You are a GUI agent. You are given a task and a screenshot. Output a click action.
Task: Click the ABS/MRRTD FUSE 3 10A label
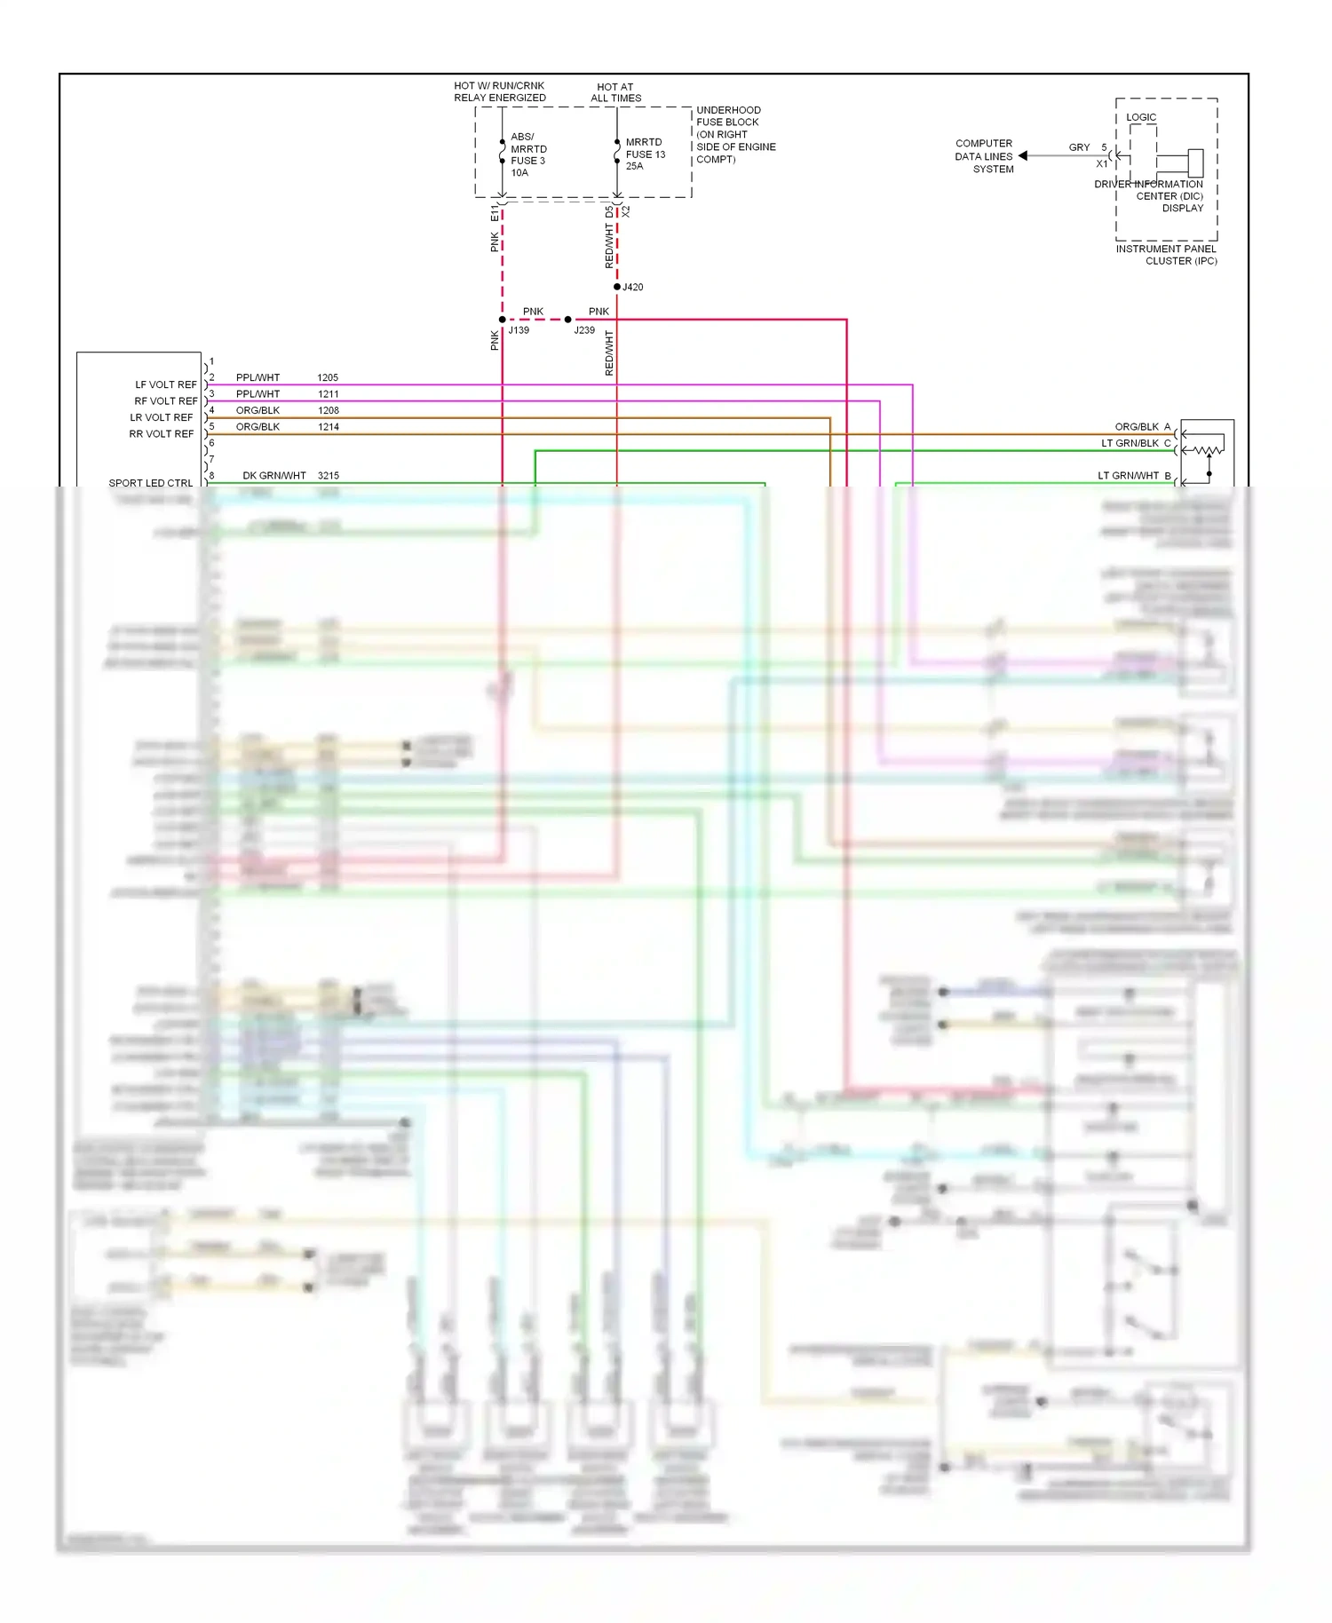point(528,155)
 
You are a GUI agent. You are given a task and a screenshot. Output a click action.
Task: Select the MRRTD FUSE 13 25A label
point(645,154)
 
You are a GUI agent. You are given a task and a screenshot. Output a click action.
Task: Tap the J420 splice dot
point(617,287)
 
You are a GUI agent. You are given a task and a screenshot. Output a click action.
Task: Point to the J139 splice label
point(519,330)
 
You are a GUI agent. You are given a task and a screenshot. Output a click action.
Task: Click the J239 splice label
point(584,330)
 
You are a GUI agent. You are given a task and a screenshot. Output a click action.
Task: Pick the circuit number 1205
point(328,378)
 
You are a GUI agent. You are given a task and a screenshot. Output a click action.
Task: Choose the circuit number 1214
point(328,427)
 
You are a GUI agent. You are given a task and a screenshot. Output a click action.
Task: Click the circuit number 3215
point(328,476)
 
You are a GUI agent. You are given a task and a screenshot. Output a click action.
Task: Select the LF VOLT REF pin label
point(166,385)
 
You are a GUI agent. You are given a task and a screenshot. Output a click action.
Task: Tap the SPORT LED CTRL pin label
point(151,483)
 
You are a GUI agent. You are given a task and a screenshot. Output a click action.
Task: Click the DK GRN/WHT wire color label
point(274,476)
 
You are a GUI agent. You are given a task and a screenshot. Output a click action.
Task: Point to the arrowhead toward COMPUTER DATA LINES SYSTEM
point(1023,156)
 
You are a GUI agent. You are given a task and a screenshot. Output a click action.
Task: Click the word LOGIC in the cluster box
point(1141,117)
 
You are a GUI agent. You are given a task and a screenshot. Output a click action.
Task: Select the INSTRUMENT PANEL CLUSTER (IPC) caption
point(1166,255)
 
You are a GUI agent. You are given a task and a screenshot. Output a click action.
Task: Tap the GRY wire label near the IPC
point(1079,147)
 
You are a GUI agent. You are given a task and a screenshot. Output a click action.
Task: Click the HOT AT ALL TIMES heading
point(615,93)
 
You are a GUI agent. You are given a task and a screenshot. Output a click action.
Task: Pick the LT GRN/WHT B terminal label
point(1134,476)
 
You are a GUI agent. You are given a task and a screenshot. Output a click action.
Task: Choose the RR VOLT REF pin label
point(162,434)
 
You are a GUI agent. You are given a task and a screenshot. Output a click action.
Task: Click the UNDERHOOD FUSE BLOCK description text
point(735,135)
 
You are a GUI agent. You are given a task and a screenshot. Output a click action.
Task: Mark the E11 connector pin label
point(495,213)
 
